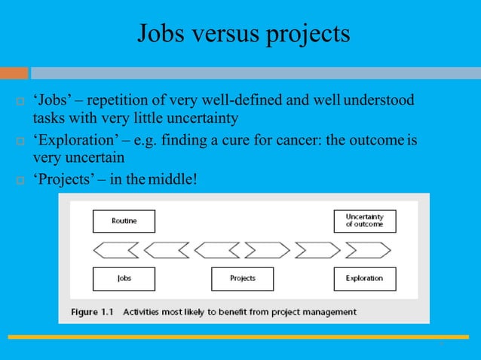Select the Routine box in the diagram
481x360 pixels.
click(124, 221)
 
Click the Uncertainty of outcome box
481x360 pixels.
click(364, 221)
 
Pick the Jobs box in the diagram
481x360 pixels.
click(124, 278)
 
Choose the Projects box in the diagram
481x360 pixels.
click(242, 278)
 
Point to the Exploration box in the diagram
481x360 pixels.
click(364, 278)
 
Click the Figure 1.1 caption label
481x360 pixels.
click(93, 311)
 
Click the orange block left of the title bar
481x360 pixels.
click(14, 73)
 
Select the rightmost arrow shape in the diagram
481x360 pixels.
click(369, 249)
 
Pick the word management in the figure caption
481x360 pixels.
click(329, 311)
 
